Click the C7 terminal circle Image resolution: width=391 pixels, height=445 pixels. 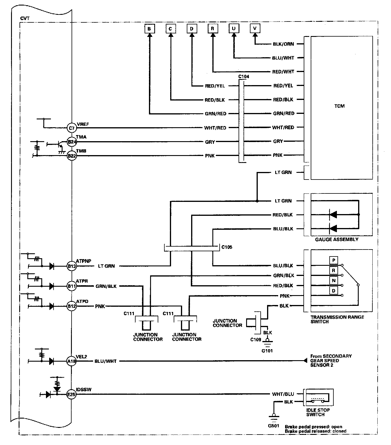point(72,128)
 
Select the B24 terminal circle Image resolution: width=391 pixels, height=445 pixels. point(72,142)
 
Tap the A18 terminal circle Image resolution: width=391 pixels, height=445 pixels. point(72,361)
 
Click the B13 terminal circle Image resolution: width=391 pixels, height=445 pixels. point(72,266)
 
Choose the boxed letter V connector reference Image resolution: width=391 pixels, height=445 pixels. point(255,28)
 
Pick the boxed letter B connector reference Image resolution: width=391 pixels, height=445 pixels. point(149,29)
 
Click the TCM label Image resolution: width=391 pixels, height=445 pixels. point(339,106)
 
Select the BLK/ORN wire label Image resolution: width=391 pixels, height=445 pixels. point(283,44)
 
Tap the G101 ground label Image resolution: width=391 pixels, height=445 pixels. point(267,351)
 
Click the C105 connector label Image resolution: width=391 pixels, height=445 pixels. point(227,247)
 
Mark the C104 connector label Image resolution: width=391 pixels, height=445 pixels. point(244,77)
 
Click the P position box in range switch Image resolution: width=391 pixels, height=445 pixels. point(333,260)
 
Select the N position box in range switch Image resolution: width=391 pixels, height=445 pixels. point(333,281)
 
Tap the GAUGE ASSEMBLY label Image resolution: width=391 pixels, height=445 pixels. point(337,240)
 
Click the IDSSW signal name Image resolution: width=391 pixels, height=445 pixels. point(84,390)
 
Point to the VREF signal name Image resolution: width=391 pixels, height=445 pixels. point(83,124)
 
